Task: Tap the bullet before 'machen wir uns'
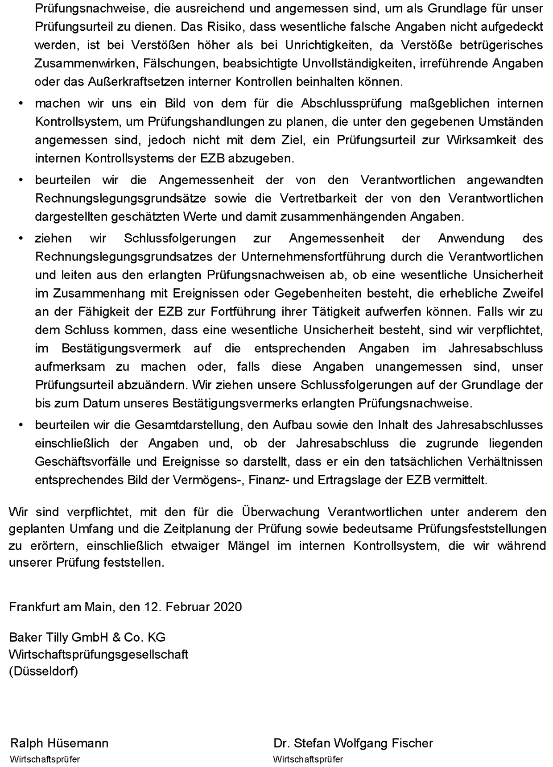tap(21, 103)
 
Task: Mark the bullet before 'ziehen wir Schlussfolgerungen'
tap(21, 238)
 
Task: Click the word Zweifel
tap(522, 293)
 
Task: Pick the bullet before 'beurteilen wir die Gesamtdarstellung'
tap(21, 424)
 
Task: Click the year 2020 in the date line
tap(228, 607)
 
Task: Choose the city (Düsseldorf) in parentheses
tap(43, 671)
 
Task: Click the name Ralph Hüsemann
tap(59, 743)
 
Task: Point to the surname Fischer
tap(412, 743)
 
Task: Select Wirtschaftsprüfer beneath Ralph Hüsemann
tap(45, 759)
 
